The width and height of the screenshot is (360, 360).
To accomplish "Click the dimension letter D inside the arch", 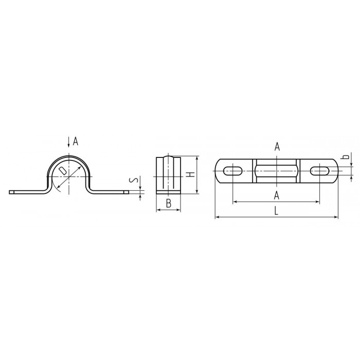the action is click(x=62, y=171).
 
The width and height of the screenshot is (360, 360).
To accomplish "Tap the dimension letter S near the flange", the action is click(x=133, y=180).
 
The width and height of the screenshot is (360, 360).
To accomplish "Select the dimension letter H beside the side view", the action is click(x=190, y=174).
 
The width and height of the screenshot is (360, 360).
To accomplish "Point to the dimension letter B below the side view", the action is click(x=169, y=203).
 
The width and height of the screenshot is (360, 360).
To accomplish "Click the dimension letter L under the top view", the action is click(x=276, y=210).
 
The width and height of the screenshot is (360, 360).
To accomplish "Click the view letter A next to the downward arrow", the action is click(x=76, y=141).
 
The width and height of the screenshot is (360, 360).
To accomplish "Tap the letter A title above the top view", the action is click(x=277, y=147).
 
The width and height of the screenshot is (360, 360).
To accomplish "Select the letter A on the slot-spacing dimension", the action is click(x=277, y=195).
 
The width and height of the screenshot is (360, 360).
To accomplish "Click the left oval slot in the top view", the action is click(x=232, y=171).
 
